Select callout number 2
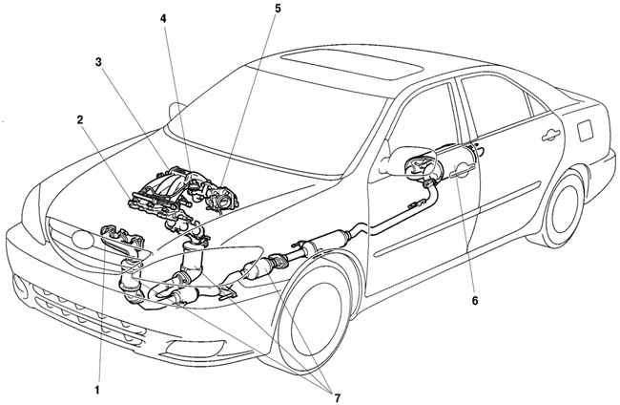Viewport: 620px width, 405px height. tap(82, 120)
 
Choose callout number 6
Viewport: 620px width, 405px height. tap(475, 299)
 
